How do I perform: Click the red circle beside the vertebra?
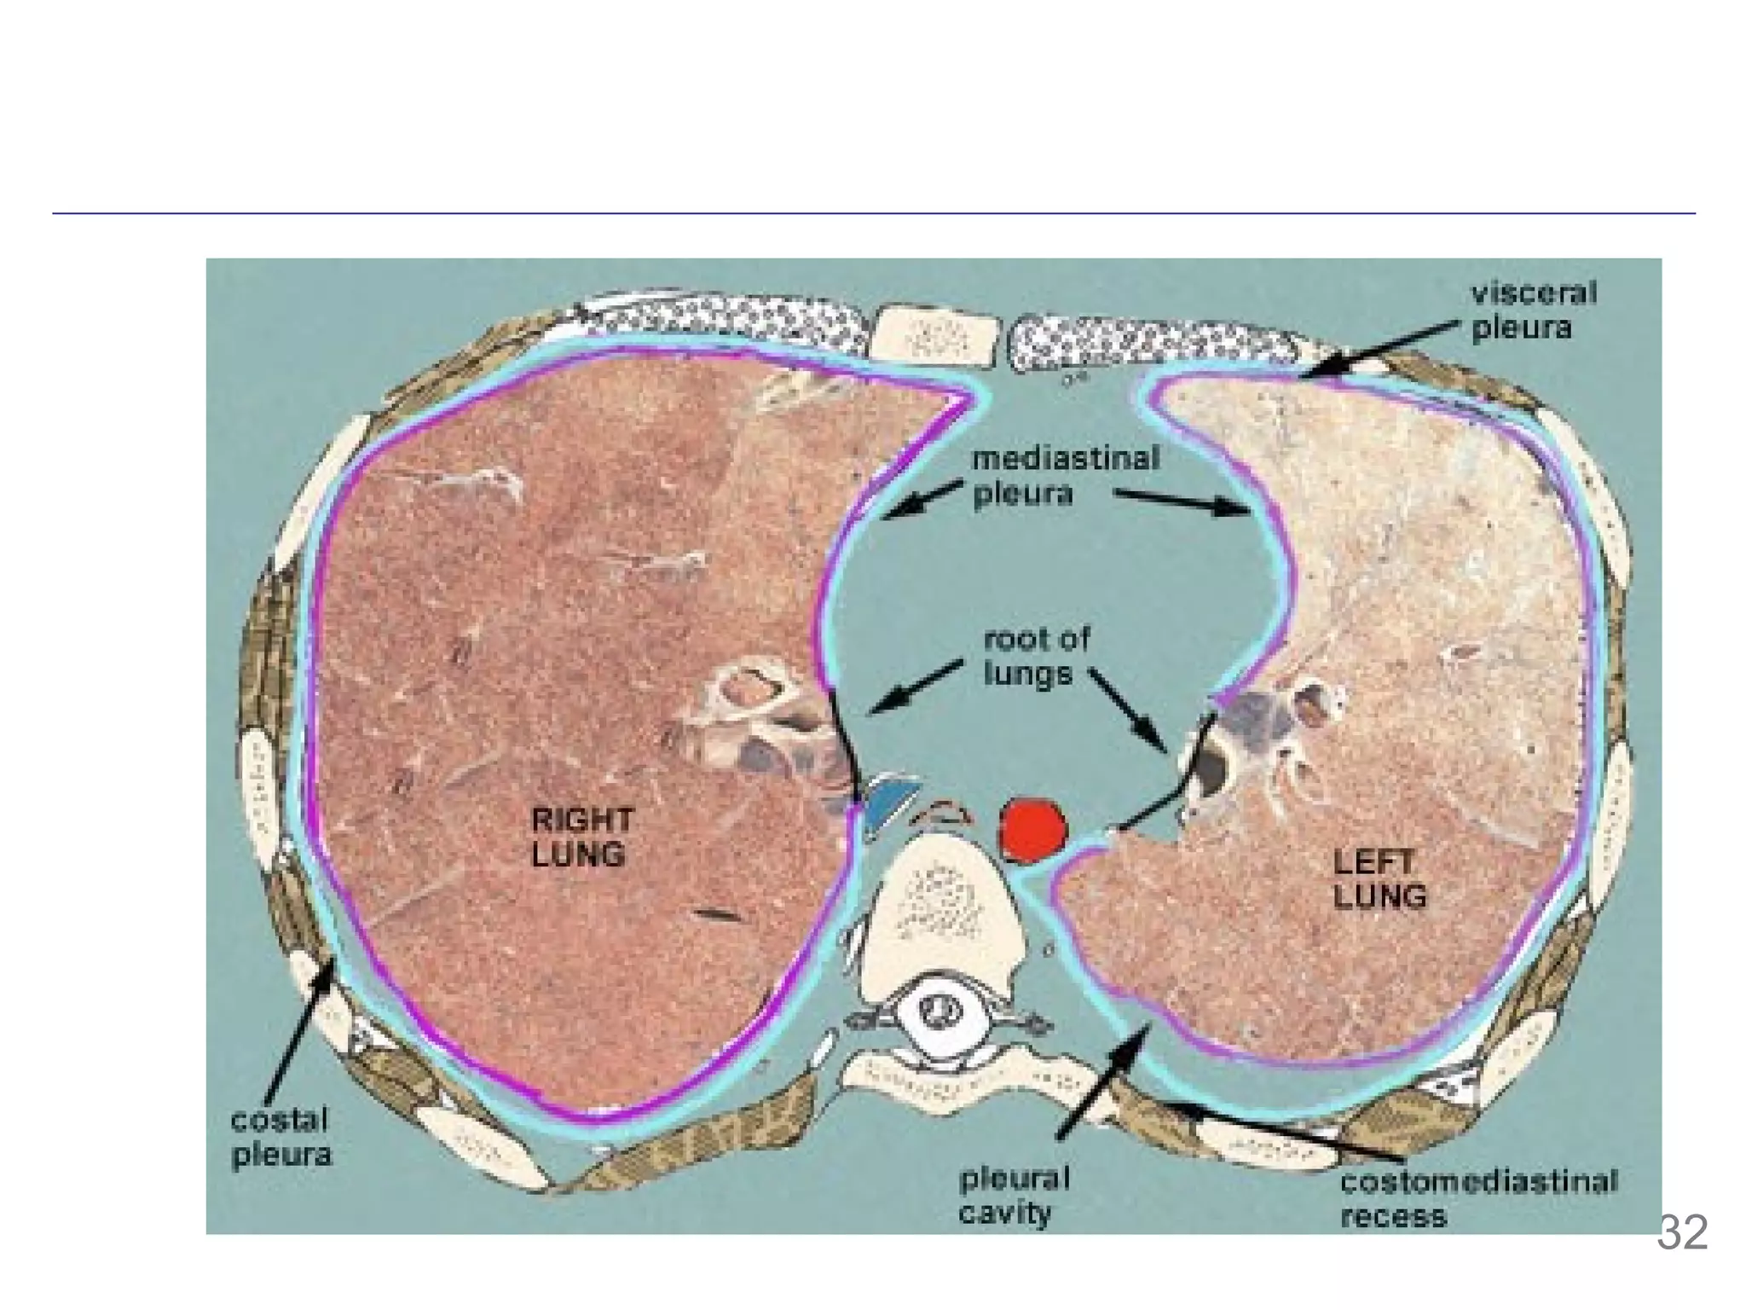[1032, 831]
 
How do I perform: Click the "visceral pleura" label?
[1532, 310]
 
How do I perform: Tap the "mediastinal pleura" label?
[1066, 476]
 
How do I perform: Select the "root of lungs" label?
[1036, 657]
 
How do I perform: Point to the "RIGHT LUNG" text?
[581, 838]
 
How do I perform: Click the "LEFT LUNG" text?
[1379, 880]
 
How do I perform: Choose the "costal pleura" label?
[280, 1137]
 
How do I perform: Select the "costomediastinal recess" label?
[1477, 1198]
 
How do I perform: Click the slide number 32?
[1682, 1232]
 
